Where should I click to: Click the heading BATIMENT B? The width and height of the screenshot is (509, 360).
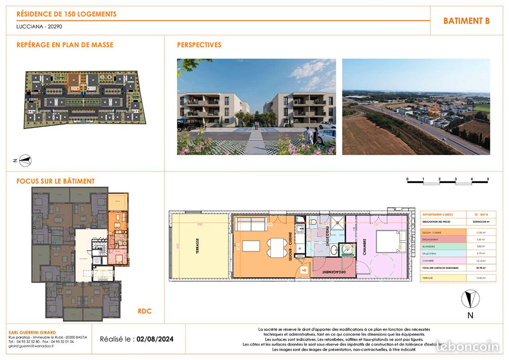[x=466, y=21]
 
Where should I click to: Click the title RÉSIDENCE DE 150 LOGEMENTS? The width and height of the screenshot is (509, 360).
[x=67, y=14]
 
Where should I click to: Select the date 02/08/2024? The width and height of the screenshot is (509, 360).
[x=155, y=339]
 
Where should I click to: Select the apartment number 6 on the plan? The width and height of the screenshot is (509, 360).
[x=304, y=270]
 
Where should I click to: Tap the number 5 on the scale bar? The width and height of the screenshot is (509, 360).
[x=488, y=179]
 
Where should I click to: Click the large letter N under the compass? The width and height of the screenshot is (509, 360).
[x=470, y=315]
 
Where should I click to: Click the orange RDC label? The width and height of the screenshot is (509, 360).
[x=144, y=311]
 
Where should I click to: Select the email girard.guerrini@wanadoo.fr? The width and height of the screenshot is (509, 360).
[x=31, y=346]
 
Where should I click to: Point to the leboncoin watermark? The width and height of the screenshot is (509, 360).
[x=468, y=346]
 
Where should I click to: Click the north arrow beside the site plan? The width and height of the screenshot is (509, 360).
[x=26, y=160]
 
